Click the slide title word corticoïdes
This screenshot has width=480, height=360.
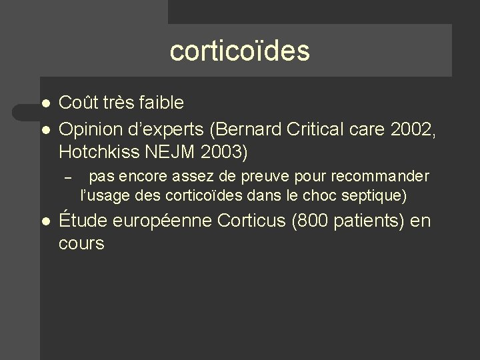click(240, 51)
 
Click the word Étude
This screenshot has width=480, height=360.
click(81, 221)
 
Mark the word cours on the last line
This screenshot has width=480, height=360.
click(81, 245)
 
